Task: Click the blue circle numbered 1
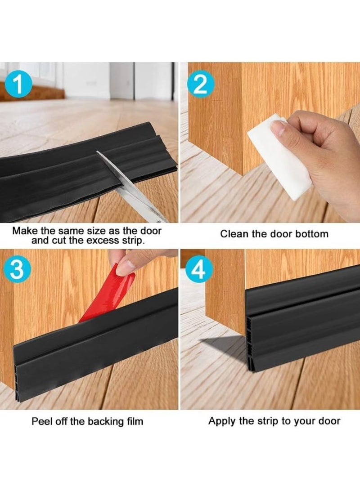[x=19, y=85]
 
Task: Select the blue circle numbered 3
[x=17, y=269]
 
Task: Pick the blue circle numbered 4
[x=200, y=269]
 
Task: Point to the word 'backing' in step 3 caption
[x=106, y=421]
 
